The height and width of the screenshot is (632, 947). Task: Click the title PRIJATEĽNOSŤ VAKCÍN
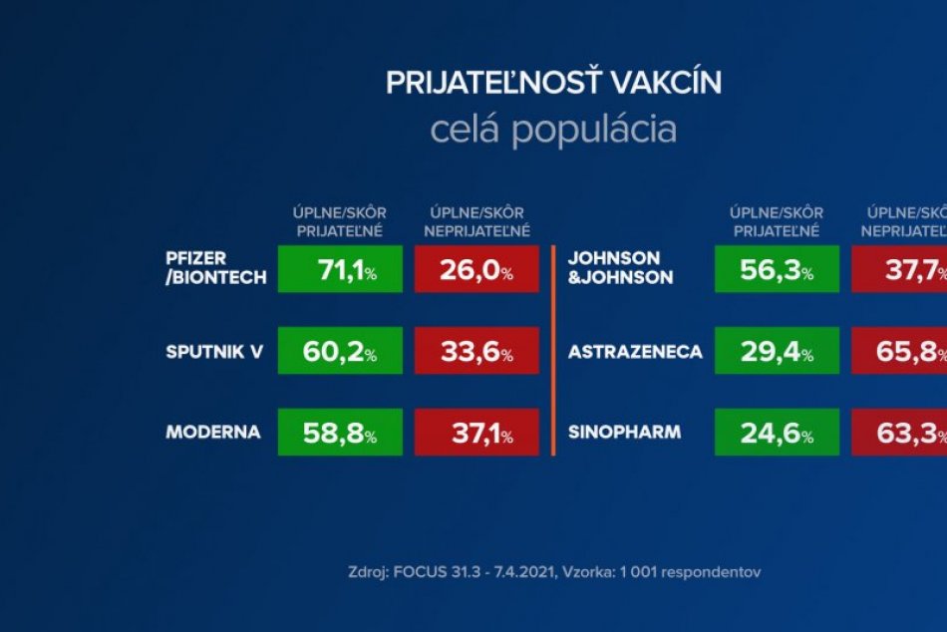point(553,84)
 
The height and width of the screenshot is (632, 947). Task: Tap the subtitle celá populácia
point(553,131)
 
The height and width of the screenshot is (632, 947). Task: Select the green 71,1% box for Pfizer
point(340,269)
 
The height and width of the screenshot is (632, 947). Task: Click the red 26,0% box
point(475,269)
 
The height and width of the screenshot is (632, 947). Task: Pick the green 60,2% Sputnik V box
point(340,351)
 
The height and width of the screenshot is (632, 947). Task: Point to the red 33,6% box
point(475,351)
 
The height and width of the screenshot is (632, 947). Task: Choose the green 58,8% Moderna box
point(340,432)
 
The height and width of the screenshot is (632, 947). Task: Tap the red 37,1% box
point(475,432)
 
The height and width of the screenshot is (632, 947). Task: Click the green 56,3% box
point(777,269)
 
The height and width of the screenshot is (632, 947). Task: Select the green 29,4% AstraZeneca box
point(777,351)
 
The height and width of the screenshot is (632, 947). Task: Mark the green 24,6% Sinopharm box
point(777,432)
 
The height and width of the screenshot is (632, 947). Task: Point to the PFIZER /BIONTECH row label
point(216,268)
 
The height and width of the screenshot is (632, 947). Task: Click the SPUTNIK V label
point(214,352)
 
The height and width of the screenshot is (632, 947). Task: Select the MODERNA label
point(212,433)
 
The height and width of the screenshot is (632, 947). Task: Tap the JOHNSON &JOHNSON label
point(619,268)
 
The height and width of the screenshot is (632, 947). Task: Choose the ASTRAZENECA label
point(634,352)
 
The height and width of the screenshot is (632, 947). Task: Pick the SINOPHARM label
point(624,433)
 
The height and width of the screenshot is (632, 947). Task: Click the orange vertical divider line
point(552,349)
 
